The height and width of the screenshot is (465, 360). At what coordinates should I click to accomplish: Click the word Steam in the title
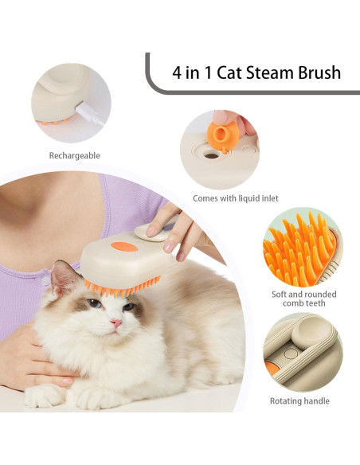[268, 72]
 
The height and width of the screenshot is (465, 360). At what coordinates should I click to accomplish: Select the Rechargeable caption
[74, 156]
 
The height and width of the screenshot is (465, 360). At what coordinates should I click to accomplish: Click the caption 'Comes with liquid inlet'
[235, 198]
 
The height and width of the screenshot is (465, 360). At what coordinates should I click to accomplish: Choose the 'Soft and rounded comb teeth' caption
[303, 299]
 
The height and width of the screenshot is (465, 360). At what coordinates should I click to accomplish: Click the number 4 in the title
[177, 72]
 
